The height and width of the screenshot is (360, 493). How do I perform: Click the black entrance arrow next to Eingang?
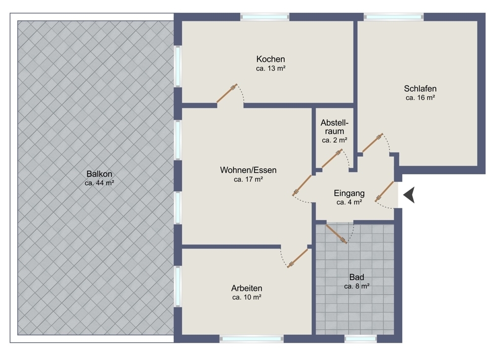(409, 196)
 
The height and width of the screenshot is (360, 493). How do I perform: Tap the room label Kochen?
(271, 59)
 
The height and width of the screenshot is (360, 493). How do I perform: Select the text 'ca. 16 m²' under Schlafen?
(420, 98)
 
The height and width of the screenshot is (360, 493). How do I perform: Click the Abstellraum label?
(334, 127)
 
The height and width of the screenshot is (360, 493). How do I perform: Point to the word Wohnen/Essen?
(248, 170)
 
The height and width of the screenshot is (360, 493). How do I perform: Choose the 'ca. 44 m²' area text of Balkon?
(99, 183)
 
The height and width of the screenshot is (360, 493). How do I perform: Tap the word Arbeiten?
(246, 288)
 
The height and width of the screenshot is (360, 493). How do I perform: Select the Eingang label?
(349, 193)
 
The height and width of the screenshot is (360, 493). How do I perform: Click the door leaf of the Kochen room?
(228, 93)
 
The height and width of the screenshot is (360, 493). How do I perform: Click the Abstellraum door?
(332, 159)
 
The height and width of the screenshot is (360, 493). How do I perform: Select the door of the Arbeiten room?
(298, 258)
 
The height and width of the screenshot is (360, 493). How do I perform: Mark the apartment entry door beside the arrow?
(385, 192)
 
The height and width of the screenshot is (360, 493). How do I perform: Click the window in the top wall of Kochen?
(265, 17)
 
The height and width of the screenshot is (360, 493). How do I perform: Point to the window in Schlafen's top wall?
(393, 17)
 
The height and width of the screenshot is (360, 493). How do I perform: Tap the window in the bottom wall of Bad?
(360, 339)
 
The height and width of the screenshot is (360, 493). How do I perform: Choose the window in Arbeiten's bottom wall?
(252, 339)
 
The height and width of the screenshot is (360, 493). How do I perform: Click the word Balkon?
(99, 174)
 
